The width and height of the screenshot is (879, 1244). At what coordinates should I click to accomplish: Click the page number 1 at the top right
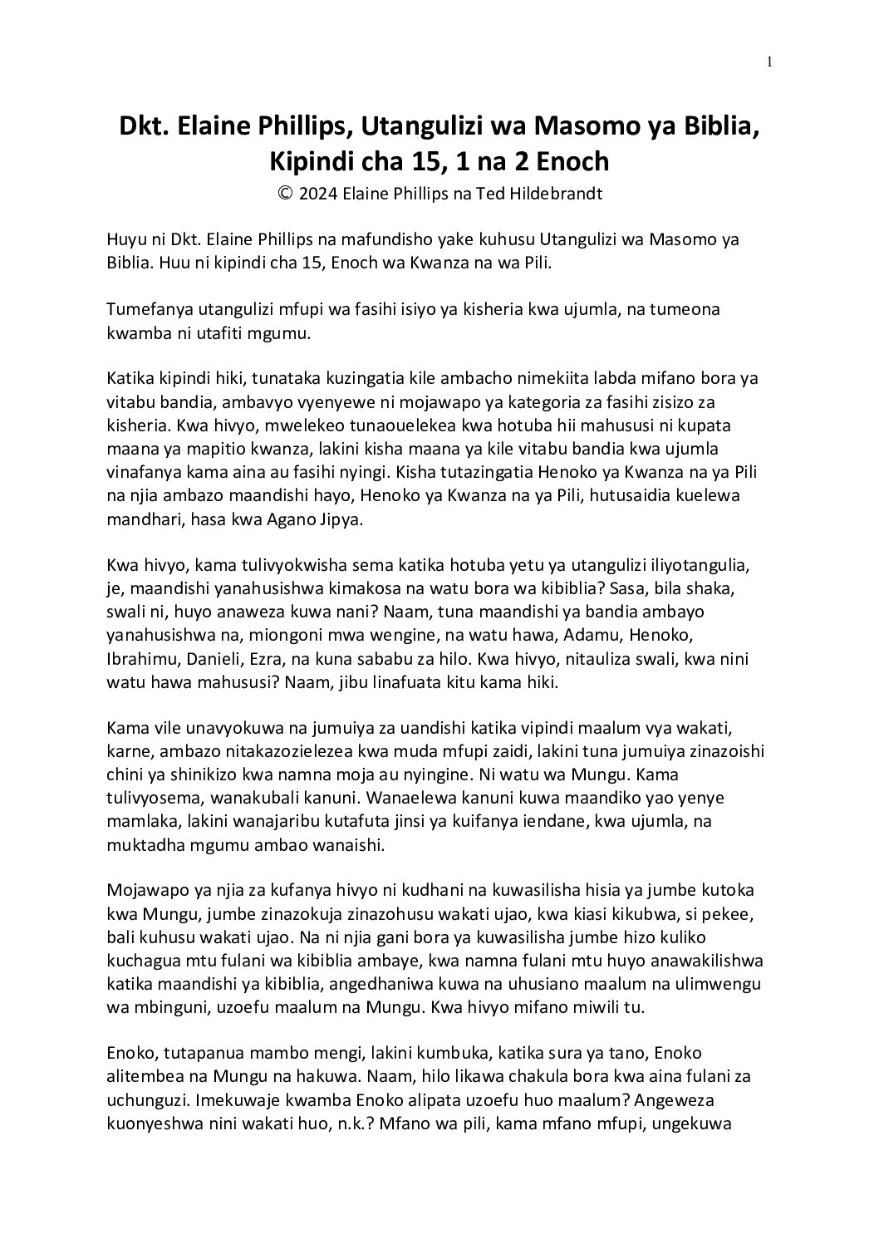click(770, 61)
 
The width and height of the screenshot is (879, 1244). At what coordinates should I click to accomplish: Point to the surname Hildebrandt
click(554, 194)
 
